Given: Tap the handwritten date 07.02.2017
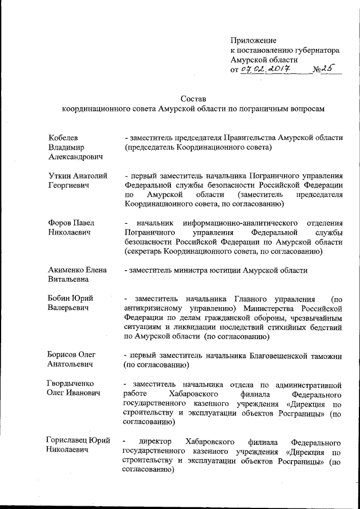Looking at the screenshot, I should tap(264, 69).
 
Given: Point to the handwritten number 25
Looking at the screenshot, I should tap(326, 69).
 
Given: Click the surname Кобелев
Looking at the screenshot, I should tap(63, 138).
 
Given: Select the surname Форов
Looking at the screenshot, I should tap(60, 223).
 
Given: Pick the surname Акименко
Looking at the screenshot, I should tap(66, 270).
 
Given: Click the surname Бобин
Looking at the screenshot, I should tap(59, 298).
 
